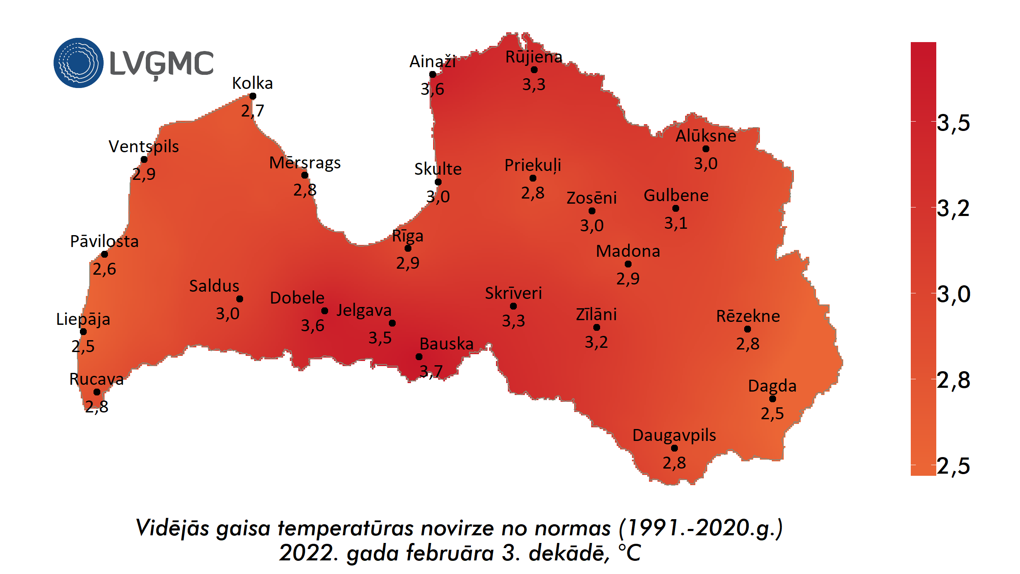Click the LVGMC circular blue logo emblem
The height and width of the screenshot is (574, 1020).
click(x=79, y=63)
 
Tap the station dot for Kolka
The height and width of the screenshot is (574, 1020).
click(x=253, y=96)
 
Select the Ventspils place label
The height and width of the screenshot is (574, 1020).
click(x=144, y=146)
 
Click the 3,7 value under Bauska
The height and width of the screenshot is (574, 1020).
click(x=431, y=371)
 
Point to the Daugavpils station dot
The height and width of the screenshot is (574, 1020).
click(x=674, y=448)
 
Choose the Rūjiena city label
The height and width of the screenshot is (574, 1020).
click(x=534, y=57)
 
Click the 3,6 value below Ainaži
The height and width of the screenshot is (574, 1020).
click(x=432, y=89)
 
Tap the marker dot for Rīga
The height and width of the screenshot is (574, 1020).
click(x=408, y=248)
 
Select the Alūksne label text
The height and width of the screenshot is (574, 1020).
click(x=706, y=136)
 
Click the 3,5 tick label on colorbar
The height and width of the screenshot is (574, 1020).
click(x=954, y=123)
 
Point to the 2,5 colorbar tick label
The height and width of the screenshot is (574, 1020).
click(x=954, y=466)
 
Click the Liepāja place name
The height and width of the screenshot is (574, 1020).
click(x=83, y=319)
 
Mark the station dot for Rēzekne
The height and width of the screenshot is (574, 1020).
click(x=748, y=329)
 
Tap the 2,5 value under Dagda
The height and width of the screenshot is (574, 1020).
click(x=772, y=413)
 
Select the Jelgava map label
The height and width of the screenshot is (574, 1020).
click(x=364, y=310)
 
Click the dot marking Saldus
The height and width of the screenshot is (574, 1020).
click(x=240, y=299)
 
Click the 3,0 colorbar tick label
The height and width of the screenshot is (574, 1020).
click(x=954, y=294)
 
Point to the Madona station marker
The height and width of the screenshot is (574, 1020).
click(x=628, y=264)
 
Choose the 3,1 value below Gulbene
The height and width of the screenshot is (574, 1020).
click(x=676, y=223)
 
